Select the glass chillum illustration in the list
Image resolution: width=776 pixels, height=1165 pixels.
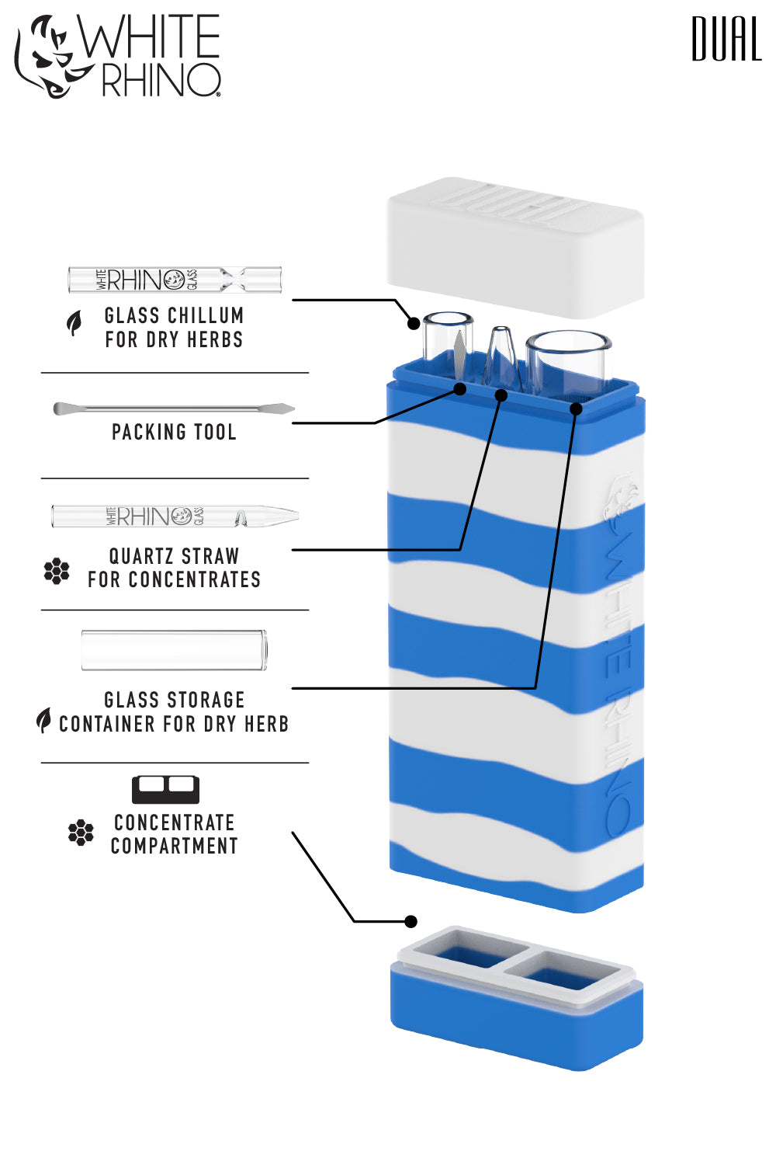pyautogui.click(x=175, y=280)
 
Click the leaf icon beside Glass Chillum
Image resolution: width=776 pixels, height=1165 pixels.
pyautogui.click(x=74, y=323)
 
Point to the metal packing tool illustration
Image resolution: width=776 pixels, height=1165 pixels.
pyautogui.click(x=174, y=409)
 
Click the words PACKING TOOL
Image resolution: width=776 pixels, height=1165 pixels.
pyautogui.click(x=174, y=433)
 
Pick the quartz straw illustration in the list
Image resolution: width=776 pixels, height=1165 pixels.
pyautogui.click(x=175, y=516)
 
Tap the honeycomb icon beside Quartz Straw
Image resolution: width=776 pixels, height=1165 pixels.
pyautogui.click(x=57, y=571)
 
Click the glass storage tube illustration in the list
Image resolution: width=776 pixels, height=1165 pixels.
pyautogui.click(x=175, y=650)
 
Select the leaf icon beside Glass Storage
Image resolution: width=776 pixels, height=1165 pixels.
pyautogui.click(x=44, y=721)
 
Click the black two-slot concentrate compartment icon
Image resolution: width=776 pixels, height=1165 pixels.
pyautogui.click(x=165, y=789)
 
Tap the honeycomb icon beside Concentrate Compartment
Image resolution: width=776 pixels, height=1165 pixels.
pyautogui.click(x=81, y=833)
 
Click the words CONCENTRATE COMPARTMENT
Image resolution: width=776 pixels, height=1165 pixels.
pyautogui.click(x=174, y=834)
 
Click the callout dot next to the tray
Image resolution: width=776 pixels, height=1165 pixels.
pyautogui.click(x=411, y=921)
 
